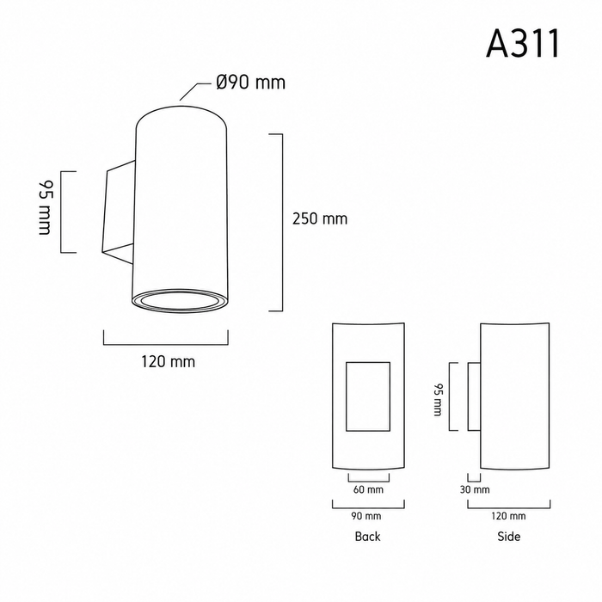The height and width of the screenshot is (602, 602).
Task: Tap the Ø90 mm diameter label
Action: pos(251,83)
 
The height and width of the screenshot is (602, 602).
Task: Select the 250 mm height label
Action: pos(320,218)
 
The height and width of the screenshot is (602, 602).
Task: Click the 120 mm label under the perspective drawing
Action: pos(169,362)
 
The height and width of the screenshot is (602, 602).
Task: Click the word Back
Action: pos(367,537)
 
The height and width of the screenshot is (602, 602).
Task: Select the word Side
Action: pos(509,537)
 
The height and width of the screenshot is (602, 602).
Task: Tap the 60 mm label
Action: pos(368,489)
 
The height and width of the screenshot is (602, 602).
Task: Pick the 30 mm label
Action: pos(475,489)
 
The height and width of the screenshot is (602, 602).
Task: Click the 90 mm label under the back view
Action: pos(366,516)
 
